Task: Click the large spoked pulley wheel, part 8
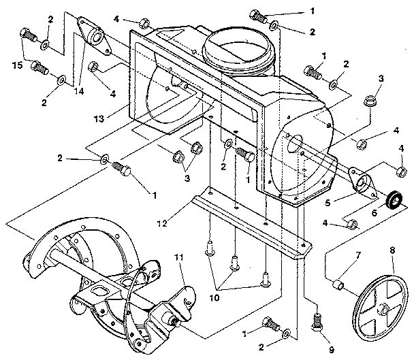[381, 309]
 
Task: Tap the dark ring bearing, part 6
[393, 199]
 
